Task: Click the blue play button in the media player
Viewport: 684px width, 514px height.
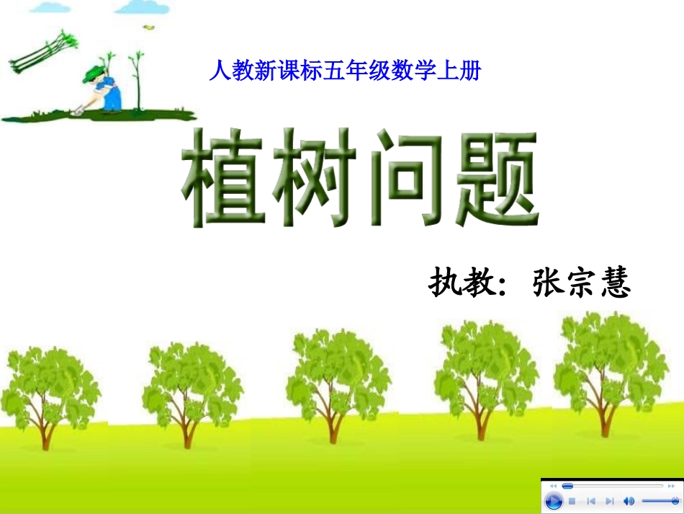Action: pos(553,501)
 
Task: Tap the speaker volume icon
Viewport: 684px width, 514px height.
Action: pos(629,501)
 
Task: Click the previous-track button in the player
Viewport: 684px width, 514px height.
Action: pos(590,501)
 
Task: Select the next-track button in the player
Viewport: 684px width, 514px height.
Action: pos(610,501)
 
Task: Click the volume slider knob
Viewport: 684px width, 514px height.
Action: pos(675,500)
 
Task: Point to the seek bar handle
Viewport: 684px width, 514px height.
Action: pos(567,486)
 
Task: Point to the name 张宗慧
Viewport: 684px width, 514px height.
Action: pos(582,284)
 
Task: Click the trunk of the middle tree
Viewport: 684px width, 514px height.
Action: pos(333,425)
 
